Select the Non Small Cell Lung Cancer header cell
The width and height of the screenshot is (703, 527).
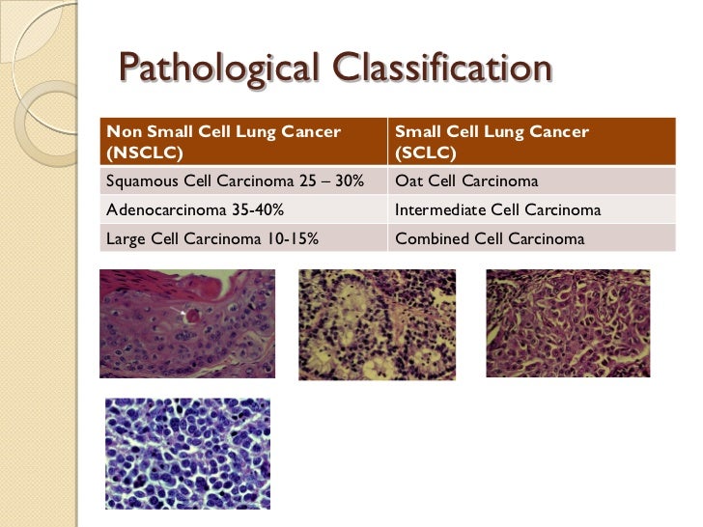pyautogui.click(x=223, y=131)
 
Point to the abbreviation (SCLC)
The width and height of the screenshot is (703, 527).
pyautogui.click(x=425, y=153)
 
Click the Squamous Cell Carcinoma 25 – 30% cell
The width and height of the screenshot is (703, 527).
pyautogui.click(x=235, y=181)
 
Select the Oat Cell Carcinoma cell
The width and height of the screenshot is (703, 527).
pyautogui.click(x=466, y=181)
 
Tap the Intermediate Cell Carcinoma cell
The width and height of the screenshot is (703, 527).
pyautogui.click(x=498, y=209)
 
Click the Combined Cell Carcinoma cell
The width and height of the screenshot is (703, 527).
pyautogui.click(x=490, y=237)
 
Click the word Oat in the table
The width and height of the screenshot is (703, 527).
pyautogui.click(x=408, y=181)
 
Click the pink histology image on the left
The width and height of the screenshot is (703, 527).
pyautogui.click(x=187, y=323)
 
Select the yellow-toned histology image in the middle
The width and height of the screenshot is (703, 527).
pyautogui.click(x=377, y=324)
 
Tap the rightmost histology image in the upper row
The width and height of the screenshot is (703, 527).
pyautogui.click(x=568, y=323)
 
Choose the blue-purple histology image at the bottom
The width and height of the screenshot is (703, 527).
pyautogui.click(x=187, y=454)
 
